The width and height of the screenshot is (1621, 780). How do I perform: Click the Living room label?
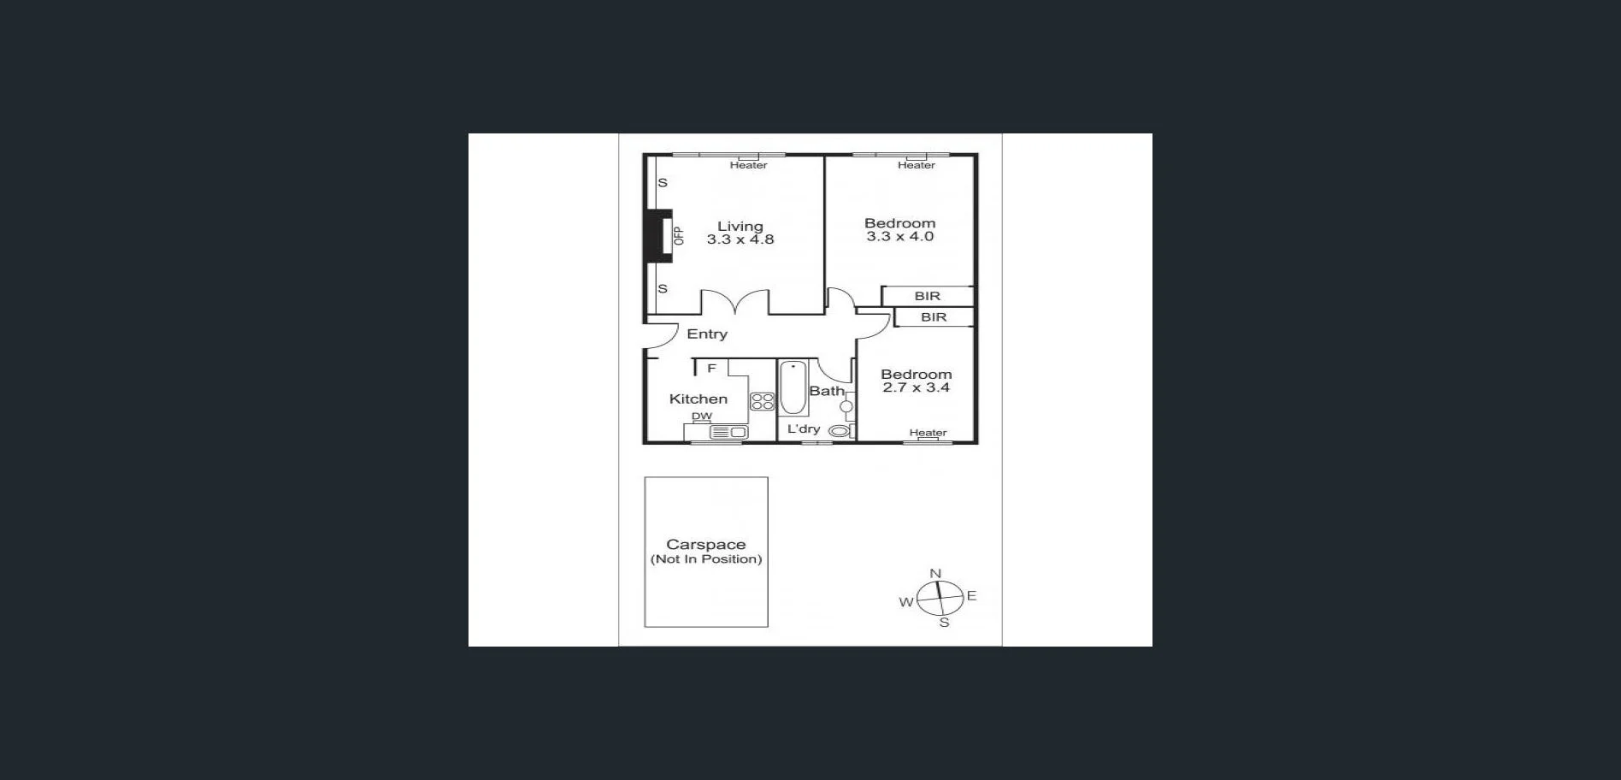point(740,227)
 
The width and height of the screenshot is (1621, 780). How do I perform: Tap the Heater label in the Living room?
point(748,165)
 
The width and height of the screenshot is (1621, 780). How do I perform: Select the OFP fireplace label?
point(679,236)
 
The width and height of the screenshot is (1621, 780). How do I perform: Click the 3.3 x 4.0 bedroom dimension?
point(899,237)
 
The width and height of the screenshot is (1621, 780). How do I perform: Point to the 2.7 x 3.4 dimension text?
point(916,387)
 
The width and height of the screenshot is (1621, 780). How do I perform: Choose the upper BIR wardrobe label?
point(927,296)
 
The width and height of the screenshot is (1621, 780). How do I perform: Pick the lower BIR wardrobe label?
point(934,317)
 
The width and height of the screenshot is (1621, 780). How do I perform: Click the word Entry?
point(707,334)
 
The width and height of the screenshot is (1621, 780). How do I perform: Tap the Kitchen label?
point(698,399)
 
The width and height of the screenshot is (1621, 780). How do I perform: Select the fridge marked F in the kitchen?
point(711,369)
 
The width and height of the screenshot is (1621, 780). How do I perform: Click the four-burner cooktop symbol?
point(762,401)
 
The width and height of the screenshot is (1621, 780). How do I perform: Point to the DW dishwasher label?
point(701,417)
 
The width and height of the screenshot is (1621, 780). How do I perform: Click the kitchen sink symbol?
point(729,433)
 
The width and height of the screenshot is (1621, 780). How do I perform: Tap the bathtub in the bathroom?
point(793,389)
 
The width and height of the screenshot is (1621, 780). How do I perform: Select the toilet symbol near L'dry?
point(840,431)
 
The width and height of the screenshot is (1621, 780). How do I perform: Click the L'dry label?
point(803,428)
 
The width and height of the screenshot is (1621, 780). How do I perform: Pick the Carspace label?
point(705,545)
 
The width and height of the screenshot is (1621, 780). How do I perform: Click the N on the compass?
point(935,574)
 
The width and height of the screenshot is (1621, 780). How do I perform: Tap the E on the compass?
point(971,595)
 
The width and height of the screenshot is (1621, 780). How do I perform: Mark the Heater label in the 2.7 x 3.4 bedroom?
point(928,433)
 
